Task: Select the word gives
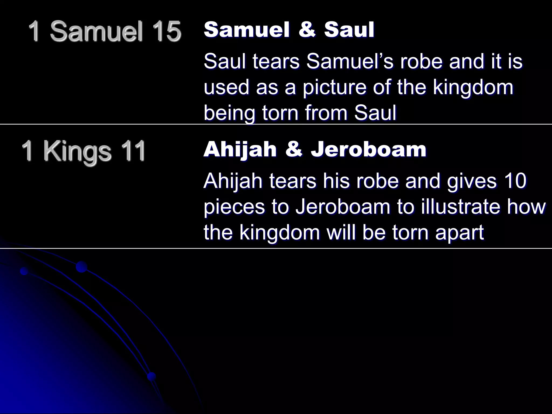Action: [x=471, y=181]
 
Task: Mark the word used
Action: [x=226, y=87]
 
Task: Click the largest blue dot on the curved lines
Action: [x=81, y=267]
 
